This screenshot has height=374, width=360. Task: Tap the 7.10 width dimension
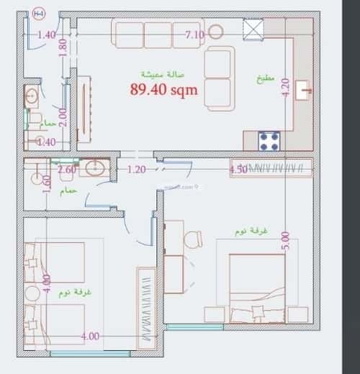point(194,34)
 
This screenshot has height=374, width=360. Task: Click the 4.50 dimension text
point(238,170)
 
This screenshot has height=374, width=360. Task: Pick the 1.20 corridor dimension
point(137,170)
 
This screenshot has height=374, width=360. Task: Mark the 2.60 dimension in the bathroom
point(66,170)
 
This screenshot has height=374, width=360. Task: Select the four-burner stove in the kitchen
point(269,141)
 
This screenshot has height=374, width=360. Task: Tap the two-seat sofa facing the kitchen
point(220,78)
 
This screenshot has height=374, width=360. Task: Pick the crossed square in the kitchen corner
point(254,28)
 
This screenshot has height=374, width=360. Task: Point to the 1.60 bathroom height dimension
point(47,184)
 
